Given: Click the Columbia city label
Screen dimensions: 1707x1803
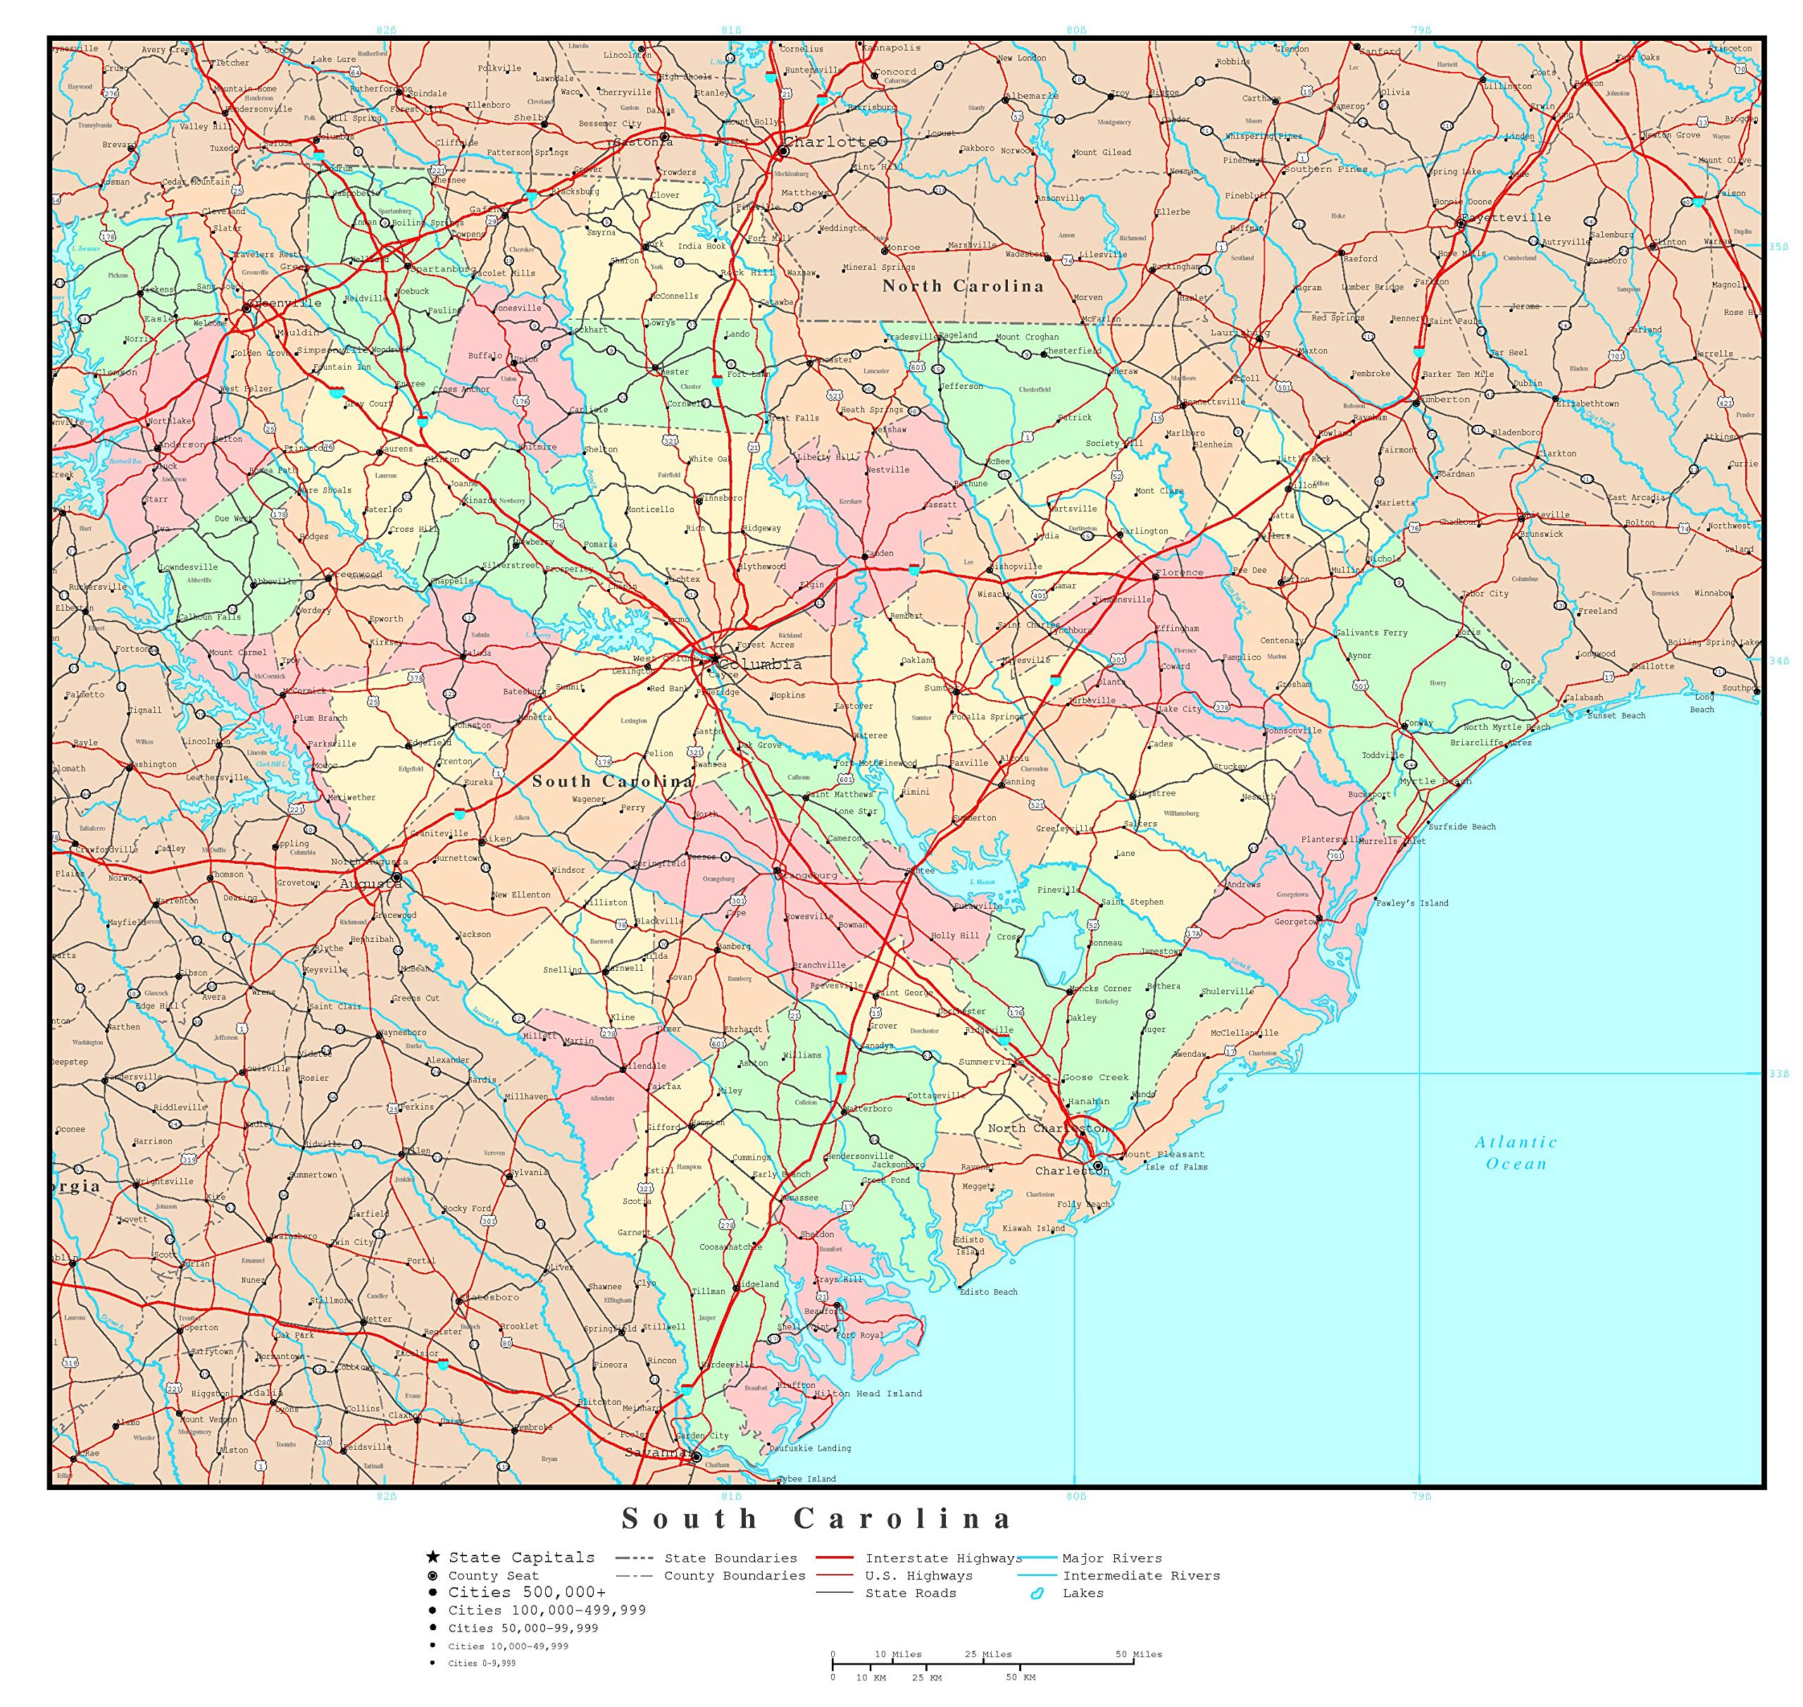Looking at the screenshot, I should coord(761,664).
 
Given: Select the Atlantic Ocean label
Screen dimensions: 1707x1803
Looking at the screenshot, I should coord(1516,1153).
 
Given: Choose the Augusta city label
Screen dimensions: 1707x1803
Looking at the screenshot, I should coord(369,883).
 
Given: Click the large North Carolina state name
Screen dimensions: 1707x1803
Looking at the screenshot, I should coord(963,286).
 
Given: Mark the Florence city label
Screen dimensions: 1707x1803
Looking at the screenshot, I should coord(1179,573).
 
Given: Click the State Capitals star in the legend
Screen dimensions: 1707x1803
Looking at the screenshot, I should coord(433,1558).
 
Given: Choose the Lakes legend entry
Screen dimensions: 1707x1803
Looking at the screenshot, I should coord(1083,1594).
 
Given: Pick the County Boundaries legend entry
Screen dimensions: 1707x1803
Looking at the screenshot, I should coord(734,1576).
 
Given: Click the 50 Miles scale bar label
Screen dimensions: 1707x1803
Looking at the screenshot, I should coord(1139,1654).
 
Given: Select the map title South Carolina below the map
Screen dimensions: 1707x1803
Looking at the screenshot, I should coord(816,1519).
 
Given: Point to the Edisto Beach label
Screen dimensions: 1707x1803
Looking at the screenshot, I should coord(988,1292).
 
